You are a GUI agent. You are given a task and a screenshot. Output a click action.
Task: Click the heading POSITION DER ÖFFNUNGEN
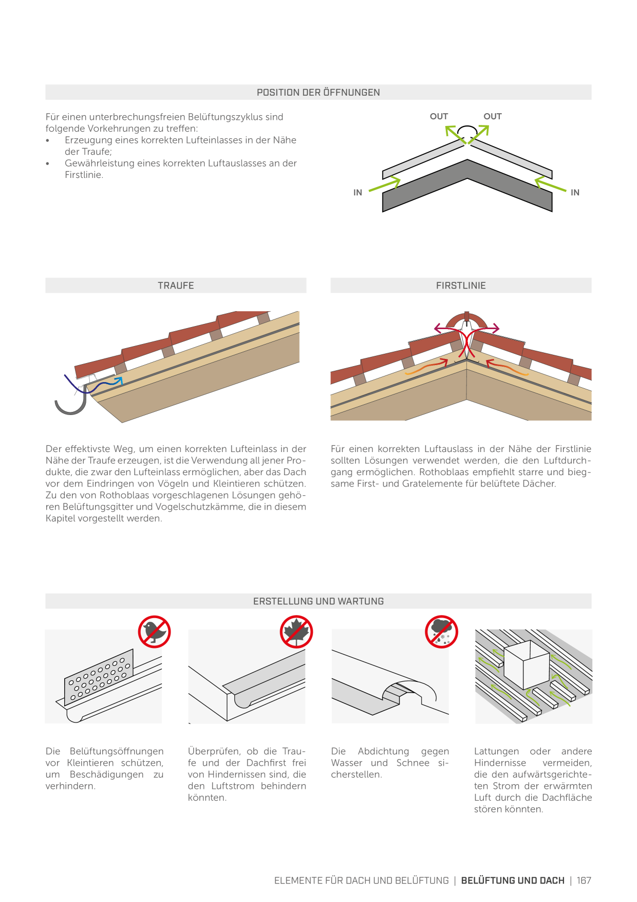pyautogui.click(x=318, y=93)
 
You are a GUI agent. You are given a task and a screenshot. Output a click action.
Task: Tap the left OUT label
pyautogui.click(x=439, y=116)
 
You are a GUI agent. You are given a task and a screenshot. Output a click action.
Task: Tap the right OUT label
pyautogui.click(x=493, y=116)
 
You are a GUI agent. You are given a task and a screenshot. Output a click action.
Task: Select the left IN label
pyautogui.click(x=358, y=192)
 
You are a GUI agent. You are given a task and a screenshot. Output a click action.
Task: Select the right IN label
pyautogui.click(x=575, y=192)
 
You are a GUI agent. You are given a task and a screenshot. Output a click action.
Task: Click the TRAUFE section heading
pyautogui.click(x=176, y=285)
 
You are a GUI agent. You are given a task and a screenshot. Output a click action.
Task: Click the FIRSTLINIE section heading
pyautogui.click(x=461, y=285)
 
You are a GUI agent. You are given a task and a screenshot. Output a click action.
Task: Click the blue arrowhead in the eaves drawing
pyautogui.click(x=119, y=381)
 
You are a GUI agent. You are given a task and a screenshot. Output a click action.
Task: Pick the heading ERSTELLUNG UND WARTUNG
pyautogui.click(x=318, y=601)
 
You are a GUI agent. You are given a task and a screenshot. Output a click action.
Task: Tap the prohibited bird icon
pyautogui.click(x=154, y=632)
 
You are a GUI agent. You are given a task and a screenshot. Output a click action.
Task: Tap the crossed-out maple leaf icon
pyautogui.click(x=296, y=632)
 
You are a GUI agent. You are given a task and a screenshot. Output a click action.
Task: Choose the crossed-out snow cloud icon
pyautogui.click(x=441, y=632)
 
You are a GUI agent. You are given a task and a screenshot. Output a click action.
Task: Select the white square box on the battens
pyautogui.click(x=527, y=664)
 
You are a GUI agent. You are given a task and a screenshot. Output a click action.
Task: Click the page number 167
pyautogui.click(x=584, y=880)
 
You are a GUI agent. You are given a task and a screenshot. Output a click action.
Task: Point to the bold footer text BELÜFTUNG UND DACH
pyautogui.click(x=513, y=880)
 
